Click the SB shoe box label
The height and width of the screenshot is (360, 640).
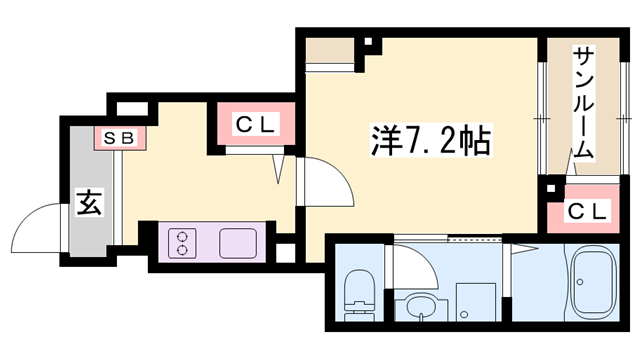119,137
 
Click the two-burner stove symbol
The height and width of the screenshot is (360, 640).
182,243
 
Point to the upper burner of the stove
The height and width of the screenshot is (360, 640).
182,236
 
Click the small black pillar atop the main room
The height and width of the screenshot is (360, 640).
369,43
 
